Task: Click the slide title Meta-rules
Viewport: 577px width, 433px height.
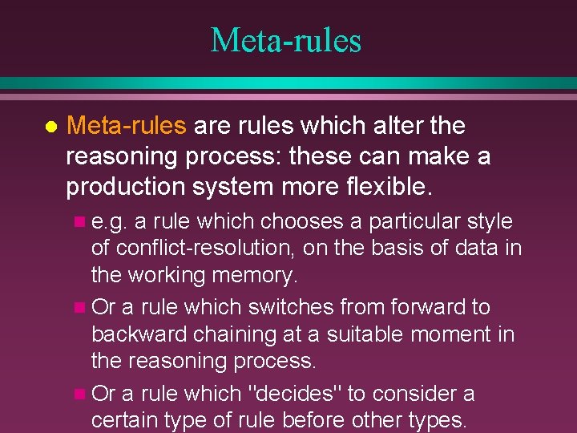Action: [x=286, y=40]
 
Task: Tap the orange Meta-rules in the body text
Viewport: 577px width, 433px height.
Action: [x=127, y=126]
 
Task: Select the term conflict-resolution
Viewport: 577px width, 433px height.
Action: [x=207, y=249]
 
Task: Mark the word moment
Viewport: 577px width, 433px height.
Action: [x=450, y=334]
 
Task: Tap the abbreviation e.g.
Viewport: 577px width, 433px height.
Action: [x=111, y=222]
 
